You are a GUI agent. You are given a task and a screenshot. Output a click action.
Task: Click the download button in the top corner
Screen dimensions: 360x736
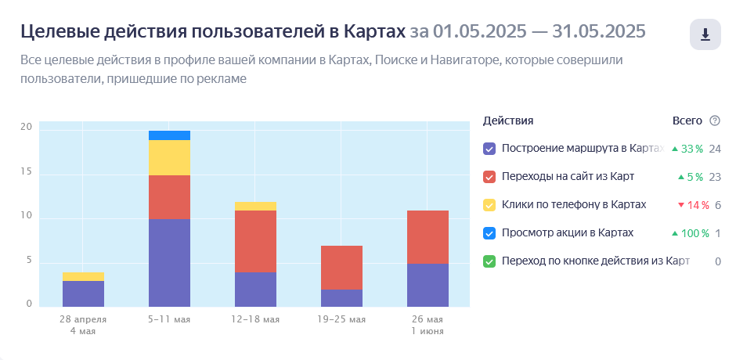pyautogui.click(x=705, y=34)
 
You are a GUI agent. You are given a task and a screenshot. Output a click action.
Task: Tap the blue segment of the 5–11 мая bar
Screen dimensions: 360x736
pyautogui.click(x=169, y=135)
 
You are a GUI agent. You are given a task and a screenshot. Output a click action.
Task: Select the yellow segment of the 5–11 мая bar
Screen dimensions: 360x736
pyautogui.click(x=169, y=157)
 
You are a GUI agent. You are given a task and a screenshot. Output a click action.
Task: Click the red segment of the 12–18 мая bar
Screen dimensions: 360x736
pyautogui.click(x=255, y=241)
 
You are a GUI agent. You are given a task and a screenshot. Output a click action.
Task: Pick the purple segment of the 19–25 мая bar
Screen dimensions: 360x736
pyautogui.click(x=341, y=297)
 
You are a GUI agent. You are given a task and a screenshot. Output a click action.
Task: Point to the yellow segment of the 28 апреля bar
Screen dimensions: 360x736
pyautogui.click(x=83, y=276)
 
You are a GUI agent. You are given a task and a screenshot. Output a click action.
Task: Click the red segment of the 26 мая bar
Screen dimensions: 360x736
pyautogui.click(x=428, y=237)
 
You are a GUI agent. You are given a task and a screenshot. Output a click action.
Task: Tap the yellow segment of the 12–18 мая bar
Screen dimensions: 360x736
pyautogui.click(x=255, y=206)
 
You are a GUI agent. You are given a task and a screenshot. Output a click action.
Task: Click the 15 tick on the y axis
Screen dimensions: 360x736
pyautogui.click(x=26, y=172)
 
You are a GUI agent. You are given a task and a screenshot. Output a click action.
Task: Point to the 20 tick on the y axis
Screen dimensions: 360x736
pyautogui.click(x=26, y=127)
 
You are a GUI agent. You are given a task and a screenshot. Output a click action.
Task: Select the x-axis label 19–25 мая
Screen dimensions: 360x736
pyautogui.click(x=341, y=319)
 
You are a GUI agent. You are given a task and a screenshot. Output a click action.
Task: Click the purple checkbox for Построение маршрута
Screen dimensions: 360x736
pyautogui.click(x=489, y=149)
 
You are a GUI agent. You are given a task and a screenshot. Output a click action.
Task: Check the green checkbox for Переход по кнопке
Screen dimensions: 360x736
pyautogui.click(x=489, y=261)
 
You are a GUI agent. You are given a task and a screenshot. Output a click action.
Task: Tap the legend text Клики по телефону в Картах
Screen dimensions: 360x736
pyautogui.click(x=574, y=204)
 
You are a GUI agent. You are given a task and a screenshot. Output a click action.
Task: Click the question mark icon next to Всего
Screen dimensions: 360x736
pyautogui.click(x=714, y=121)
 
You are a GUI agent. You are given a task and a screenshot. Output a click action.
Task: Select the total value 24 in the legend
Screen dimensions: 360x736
pyautogui.click(x=715, y=149)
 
